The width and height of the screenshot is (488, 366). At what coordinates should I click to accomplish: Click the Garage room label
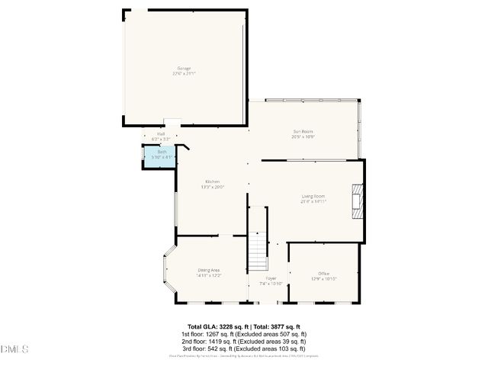[184, 68]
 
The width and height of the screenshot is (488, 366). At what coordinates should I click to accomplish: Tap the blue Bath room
[162, 156]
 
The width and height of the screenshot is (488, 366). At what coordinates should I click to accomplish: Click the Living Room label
[313, 197]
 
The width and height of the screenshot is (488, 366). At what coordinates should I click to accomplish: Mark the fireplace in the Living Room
[358, 201]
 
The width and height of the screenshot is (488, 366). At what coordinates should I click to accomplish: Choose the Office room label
[323, 273]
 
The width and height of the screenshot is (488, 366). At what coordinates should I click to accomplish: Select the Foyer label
[271, 279]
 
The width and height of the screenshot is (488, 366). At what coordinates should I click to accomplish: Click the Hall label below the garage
[161, 135]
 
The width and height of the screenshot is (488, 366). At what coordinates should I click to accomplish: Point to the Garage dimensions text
[184, 73]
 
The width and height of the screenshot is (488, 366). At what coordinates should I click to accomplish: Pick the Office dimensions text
[323, 278]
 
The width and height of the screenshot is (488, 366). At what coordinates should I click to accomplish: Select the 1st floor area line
[243, 333]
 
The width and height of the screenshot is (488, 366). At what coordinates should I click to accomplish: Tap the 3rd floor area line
[243, 347]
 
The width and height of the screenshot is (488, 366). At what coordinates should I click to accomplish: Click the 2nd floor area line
[243, 340]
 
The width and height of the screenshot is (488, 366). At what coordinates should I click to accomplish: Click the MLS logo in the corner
[14, 350]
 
